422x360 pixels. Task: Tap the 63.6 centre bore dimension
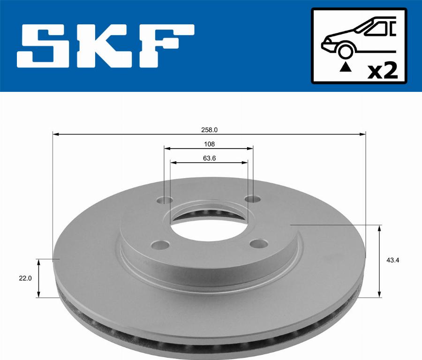[209, 158]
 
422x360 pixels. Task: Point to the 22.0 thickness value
[25, 278]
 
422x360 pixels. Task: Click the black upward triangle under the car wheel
[346, 67]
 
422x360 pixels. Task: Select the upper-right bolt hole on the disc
[253, 199]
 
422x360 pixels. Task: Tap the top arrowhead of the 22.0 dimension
[39, 261]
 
